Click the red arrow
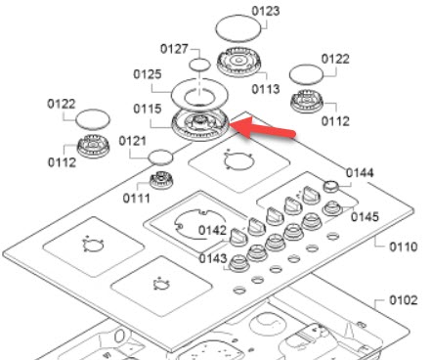click(263, 129)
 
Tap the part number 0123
click(266, 11)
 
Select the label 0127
click(174, 49)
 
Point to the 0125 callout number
click(148, 74)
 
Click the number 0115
click(148, 109)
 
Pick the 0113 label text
click(266, 89)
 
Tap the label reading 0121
click(132, 141)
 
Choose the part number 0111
click(136, 198)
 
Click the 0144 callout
click(360, 173)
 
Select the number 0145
click(365, 217)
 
